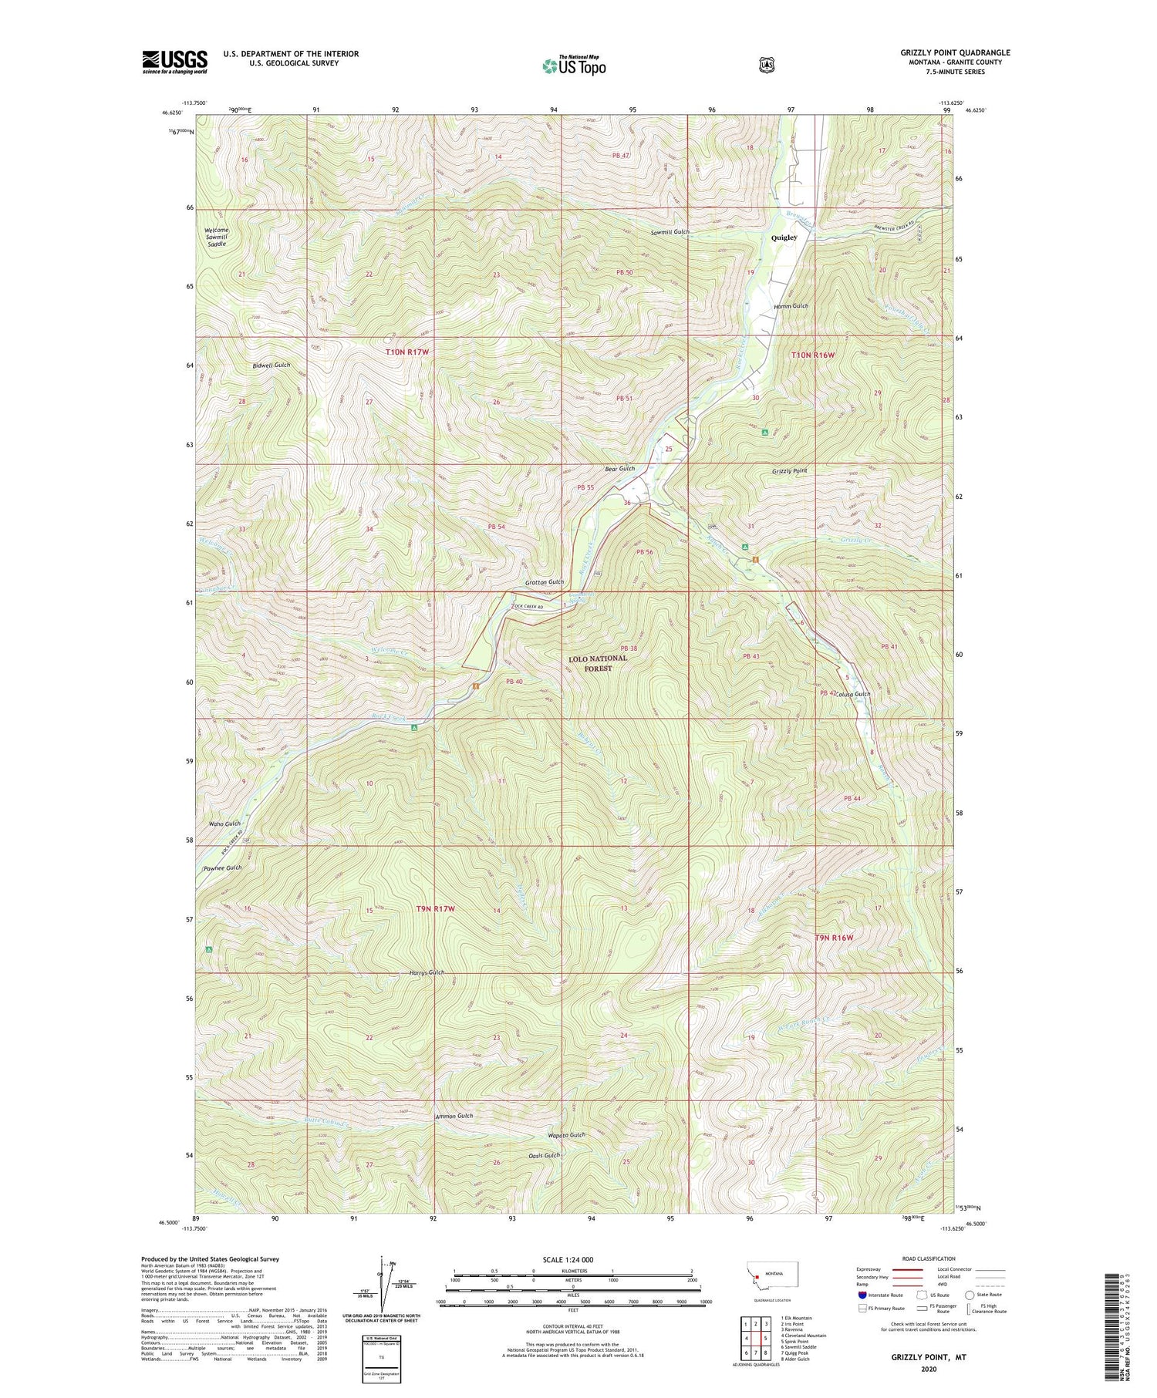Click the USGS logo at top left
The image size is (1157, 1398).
click(174, 62)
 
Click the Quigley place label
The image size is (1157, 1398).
click(784, 238)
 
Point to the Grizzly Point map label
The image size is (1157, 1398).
click(789, 470)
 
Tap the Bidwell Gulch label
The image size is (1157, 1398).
click(270, 365)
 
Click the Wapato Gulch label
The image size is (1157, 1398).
click(566, 1135)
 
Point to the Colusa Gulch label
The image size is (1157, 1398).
click(852, 694)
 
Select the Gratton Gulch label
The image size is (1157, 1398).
click(545, 582)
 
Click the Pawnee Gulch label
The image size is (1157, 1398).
click(222, 867)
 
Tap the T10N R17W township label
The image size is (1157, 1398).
click(406, 352)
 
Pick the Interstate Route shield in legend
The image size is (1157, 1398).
click(862, 1295)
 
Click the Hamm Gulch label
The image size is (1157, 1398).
click(791, 306)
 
